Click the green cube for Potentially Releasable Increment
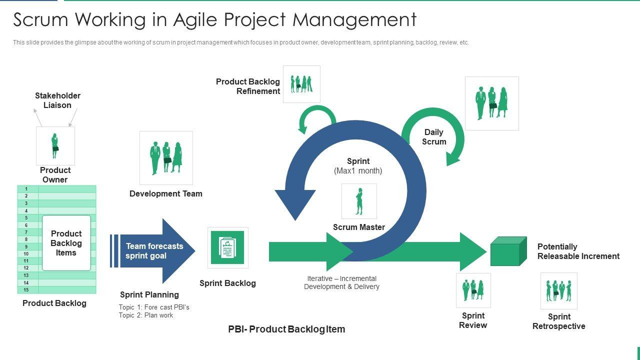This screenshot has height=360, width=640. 508,251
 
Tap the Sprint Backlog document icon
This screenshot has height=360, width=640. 227,247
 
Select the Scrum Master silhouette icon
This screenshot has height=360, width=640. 359,201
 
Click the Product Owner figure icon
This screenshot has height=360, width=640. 55,145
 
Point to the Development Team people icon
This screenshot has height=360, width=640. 166,157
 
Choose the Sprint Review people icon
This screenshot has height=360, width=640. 473,290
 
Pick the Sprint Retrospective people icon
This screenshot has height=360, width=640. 558,290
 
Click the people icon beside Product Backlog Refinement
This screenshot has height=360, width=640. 301,84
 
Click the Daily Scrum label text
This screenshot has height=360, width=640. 434,137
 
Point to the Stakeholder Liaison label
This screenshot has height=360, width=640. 57,100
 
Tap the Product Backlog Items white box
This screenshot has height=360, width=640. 66,243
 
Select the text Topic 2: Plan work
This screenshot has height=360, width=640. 146,315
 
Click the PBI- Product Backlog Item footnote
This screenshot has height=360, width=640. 286,329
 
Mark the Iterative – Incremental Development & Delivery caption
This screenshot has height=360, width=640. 341,282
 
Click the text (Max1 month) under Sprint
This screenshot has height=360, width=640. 358,171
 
